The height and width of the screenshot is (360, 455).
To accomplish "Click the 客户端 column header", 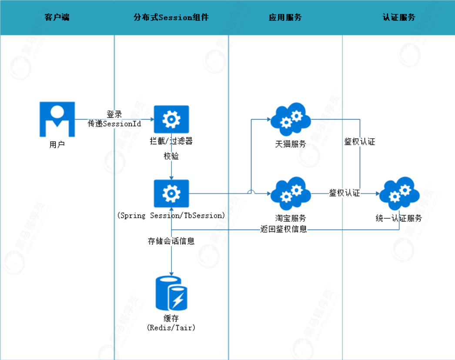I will click(57, 17).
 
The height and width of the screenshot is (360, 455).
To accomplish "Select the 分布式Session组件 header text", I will click(171, 17).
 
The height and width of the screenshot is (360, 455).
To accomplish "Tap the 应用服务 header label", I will click(285, 17).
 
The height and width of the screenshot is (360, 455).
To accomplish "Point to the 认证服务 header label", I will click(399, 17).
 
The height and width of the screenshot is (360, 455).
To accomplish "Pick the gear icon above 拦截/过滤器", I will click(171, 119).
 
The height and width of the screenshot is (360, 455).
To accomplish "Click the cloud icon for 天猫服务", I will click(291, 119).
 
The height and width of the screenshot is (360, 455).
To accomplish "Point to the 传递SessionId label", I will click(115, 123).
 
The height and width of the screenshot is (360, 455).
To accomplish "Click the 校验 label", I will click(171, 157).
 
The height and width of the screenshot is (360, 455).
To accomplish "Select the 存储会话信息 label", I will click(171, 241).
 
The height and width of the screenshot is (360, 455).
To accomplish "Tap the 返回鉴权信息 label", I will click(284, 229).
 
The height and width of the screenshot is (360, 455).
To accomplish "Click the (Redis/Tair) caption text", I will click(171, 327).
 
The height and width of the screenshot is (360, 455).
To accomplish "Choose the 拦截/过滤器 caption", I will click(171, 142).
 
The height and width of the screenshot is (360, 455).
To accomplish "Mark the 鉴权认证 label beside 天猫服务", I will click(360, 142).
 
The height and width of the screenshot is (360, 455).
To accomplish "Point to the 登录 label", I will click(114, 115).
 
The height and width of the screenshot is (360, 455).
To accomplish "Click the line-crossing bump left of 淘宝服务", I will click(251, 192).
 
